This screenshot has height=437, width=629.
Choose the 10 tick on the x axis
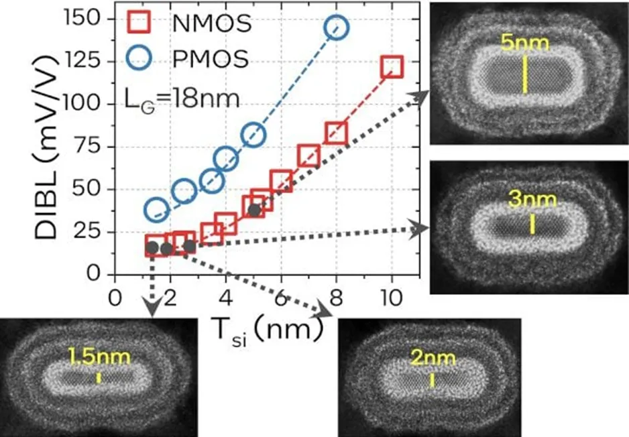click(391, 296)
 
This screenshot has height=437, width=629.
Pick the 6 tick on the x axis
click(281, 296)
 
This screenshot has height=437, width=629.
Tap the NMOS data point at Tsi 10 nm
click(392, 66)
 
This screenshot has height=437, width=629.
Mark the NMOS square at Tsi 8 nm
click(337, 133)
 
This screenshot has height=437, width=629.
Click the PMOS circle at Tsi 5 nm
click(254, 135)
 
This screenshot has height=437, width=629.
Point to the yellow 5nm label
click(525, 46)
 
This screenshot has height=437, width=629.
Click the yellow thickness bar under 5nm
click(525, 74)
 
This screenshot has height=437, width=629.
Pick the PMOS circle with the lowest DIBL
click(156, 210)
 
